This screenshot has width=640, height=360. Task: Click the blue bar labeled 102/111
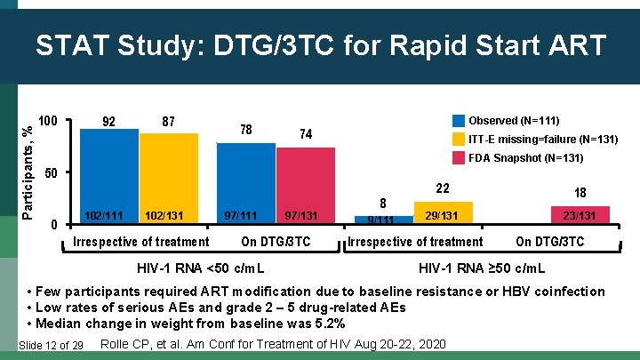tap(109, 178)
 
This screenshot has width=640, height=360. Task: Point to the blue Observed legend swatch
tap(459, 120)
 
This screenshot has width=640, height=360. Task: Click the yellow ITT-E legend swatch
tap(459, 140)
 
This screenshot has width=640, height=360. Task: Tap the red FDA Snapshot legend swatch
tap(459, 158)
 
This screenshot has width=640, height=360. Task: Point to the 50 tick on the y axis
tap(52, 172)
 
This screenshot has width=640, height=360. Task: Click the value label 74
tap(305, 134)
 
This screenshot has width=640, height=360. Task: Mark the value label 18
tap(580, 193)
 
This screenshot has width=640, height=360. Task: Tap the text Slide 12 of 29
tap(51, 345)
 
